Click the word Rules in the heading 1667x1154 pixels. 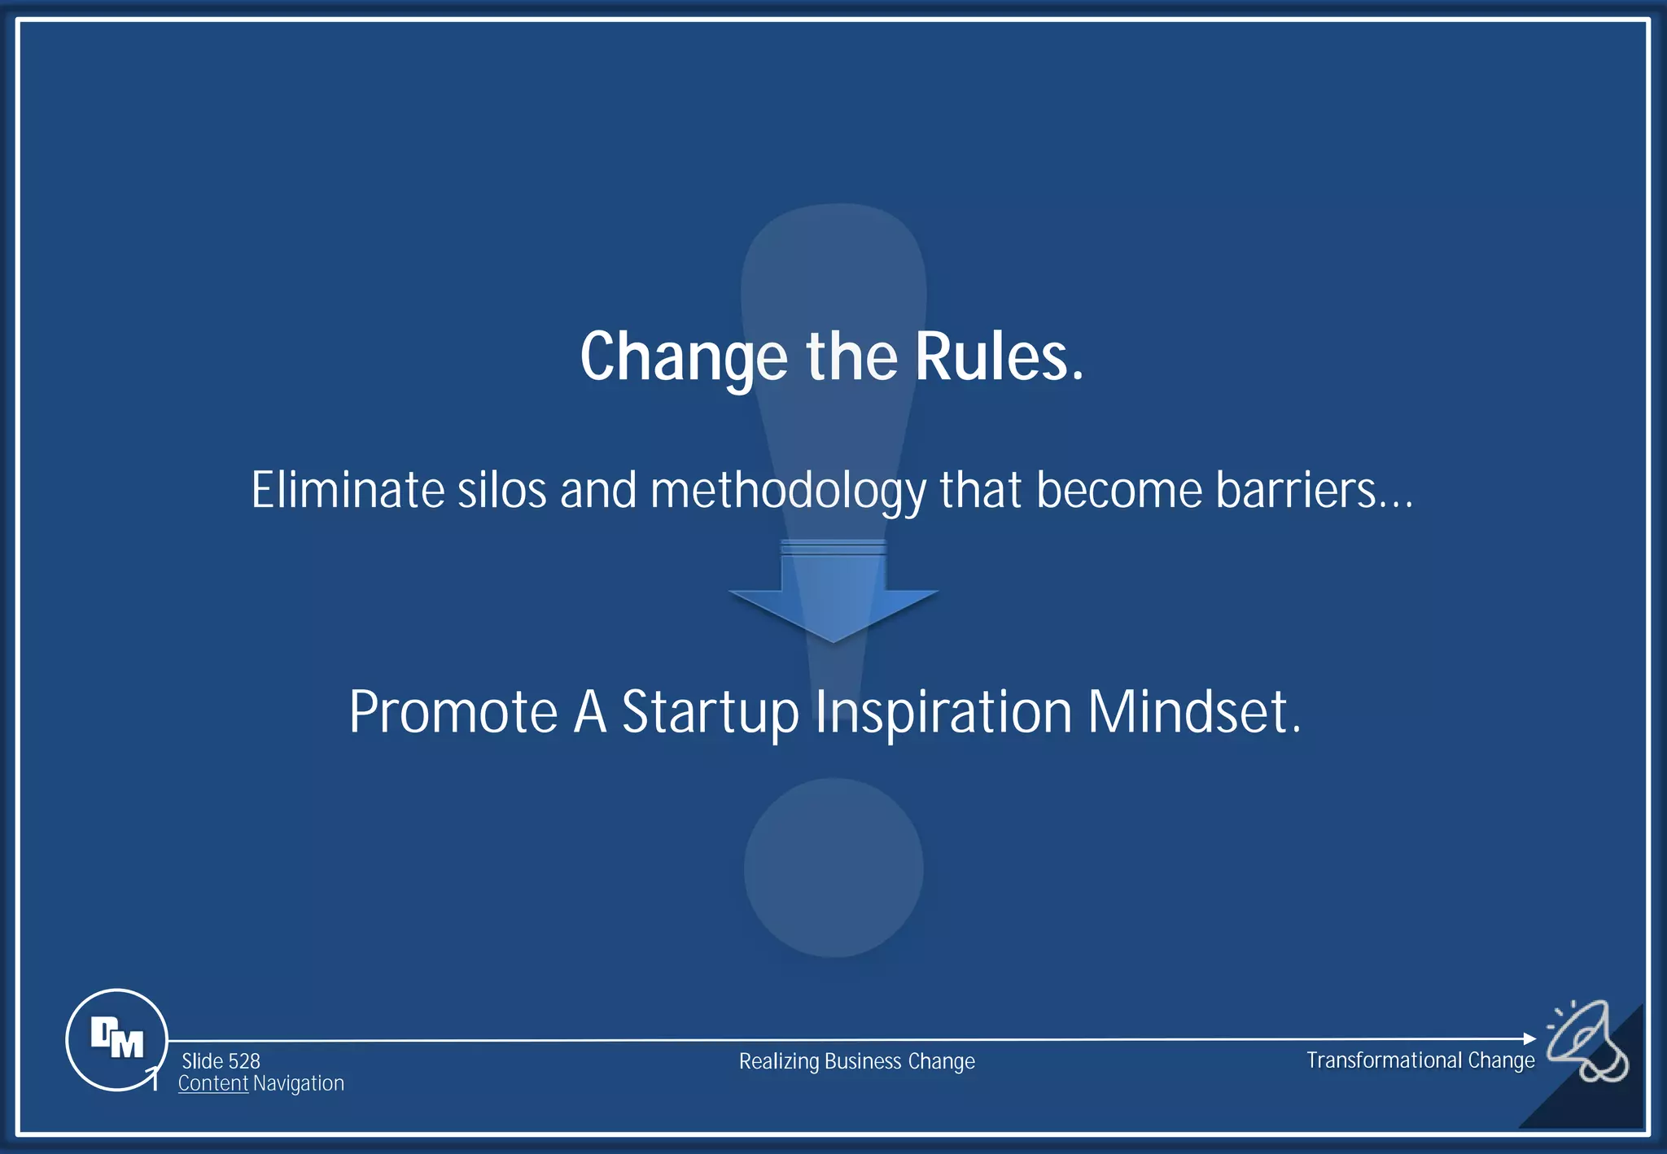[x=1000, y=357]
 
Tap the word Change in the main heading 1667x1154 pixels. [x=684, y=359]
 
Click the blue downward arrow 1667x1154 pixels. [x=833, y=594]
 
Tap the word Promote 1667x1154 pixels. [x=453, y=712]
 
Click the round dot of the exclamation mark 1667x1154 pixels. [x=833, y=868]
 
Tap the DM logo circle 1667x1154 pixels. [x=116, y=1039]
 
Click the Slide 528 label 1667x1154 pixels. [x=221, y=1061]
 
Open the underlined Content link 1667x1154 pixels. [x=212, y=1084]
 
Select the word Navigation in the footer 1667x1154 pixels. [x=298, y=1084]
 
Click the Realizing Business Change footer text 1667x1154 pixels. [x=856, y=1061]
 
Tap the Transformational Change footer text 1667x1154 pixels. [x=1420, y=1060]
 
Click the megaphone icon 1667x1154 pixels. [x=1587, y=1042]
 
